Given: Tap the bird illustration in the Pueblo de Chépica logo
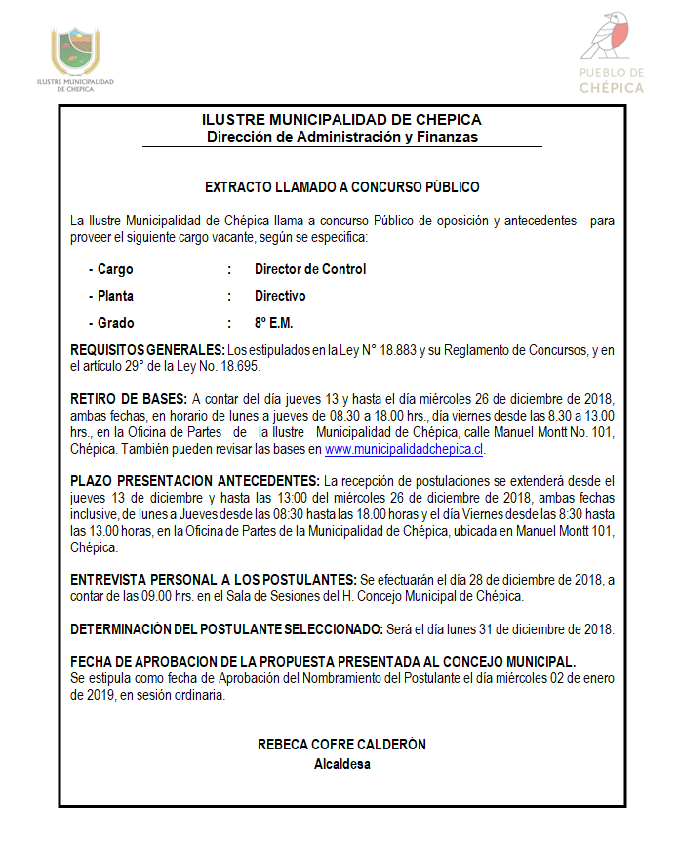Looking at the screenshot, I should click(x=612, y=37).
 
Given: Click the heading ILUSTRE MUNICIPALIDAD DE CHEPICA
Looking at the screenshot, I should click(x=341, y=120).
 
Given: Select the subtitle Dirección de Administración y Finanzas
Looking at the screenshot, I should click(x=341, y=137).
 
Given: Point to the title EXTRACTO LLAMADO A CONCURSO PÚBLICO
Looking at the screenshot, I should click(x=341, y=187).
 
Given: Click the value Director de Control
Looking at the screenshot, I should click(x=310, y=269).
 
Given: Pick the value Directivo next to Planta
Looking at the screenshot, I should click(x=280, y=296).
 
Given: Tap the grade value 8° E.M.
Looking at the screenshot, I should click(x=273, y=323).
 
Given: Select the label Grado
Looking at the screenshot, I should click(x=115, y=323).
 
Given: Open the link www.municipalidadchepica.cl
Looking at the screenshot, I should click(x=404, y=450).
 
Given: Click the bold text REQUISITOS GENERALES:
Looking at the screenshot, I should click(x=147, y=349).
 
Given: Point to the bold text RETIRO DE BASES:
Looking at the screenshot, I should click(x=129, y=399).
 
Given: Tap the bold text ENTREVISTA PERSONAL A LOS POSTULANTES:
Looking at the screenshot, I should click(x=214, y=580).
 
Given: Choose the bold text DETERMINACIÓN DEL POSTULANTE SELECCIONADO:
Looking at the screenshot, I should click(x=227, y=629).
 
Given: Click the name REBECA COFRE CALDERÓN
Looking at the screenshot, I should click(x=341, y=745).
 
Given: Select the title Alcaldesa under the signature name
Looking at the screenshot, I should click(x=341, y=764).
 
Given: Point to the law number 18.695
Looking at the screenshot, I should click(x=238, y=367).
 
